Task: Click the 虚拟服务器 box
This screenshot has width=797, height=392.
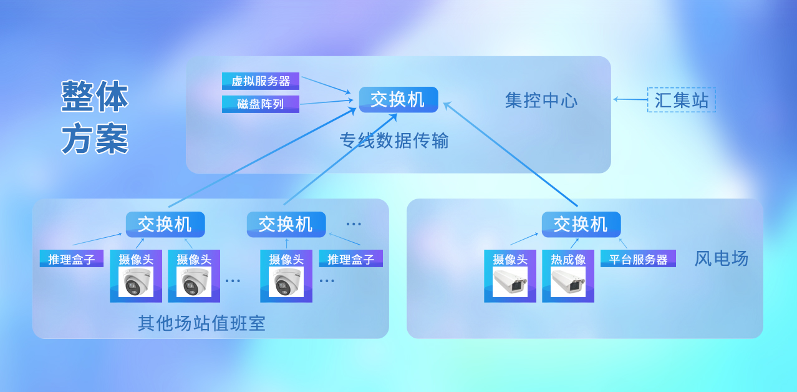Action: click(261, 81)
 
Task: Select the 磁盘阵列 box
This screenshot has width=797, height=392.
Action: click(261, 104)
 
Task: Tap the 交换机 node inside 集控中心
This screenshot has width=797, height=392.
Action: click(398, 99)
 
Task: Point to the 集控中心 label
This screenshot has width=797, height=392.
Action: click(541, 100)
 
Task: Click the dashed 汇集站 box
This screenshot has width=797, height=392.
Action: click(682, 100)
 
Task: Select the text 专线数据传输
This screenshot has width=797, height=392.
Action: click(394, 141)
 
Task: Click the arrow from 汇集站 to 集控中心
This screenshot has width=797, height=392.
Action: click(630, 99)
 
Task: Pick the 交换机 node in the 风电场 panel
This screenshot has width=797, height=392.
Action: click(581, 224)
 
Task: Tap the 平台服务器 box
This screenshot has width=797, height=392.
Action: click(638, 259)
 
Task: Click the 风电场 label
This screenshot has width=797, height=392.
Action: click(721, 258)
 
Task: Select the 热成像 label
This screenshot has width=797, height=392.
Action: click(568, 259)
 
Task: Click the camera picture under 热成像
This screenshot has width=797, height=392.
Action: click(568, 283)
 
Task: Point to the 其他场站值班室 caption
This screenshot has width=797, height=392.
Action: click(201, 323)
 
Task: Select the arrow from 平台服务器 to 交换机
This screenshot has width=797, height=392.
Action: click(622, 243)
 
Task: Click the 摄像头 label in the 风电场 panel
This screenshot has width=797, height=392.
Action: click(510, 259)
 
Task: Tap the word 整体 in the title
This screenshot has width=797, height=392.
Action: click(95, 97)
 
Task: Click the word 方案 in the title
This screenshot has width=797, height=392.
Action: click(95, 139)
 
